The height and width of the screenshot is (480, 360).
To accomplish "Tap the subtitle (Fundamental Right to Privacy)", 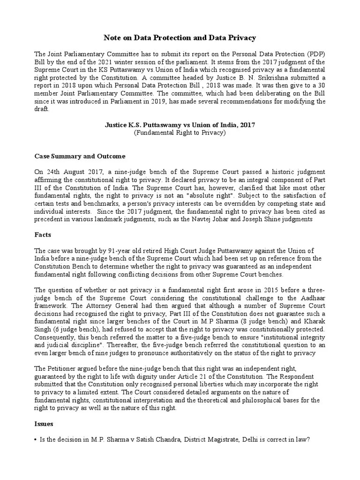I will point(180,133).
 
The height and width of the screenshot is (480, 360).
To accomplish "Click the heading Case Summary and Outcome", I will point(80,156).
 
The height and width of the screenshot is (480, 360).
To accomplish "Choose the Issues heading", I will point(45,424).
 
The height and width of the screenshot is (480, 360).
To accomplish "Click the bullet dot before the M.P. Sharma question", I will point(36,440).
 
